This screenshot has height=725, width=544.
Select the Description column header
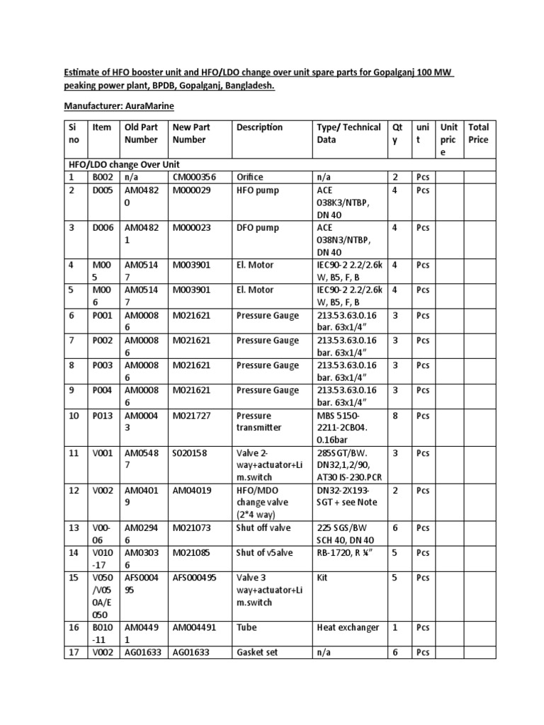(x=259, y=127)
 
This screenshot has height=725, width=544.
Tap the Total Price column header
(x=478, y=133)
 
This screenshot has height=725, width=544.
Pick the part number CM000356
(x=194, y=177)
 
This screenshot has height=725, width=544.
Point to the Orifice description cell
(x=252, y=177)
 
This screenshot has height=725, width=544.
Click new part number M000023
(x=191, y=227)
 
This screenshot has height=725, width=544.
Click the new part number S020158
(x=189, y=453)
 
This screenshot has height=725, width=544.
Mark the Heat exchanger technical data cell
(x=348, y=628)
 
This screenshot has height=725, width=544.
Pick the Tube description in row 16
(x=247, y=628)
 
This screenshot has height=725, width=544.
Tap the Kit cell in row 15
(x=324, y=578)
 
